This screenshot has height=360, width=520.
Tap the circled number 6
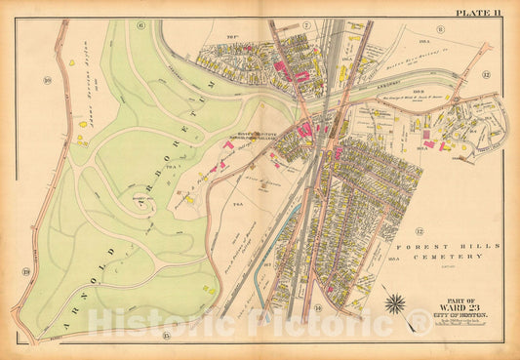(x=140, y=24)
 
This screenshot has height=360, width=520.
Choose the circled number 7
(x=304, y=24)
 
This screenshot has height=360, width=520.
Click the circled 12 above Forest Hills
(x=418, y=231)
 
